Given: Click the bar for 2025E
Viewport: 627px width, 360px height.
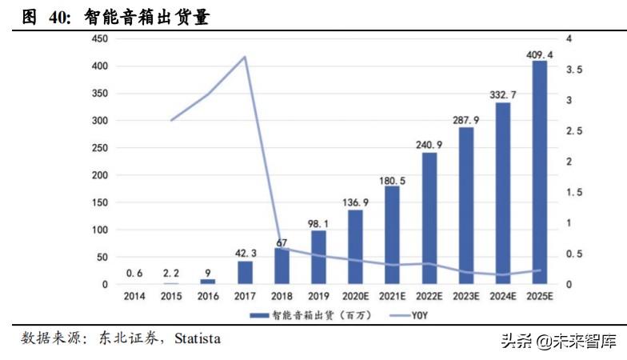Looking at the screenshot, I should tap(540, 172).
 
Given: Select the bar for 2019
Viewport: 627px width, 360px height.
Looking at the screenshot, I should tap(318, 257).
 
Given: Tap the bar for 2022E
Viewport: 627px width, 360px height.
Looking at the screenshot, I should tap(429, 218).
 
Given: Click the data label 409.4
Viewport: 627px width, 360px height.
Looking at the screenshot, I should tap(540, 54).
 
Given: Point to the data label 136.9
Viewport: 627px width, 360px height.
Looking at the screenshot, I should tap(355, 203).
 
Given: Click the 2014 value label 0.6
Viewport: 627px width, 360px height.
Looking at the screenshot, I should tap(134, 273).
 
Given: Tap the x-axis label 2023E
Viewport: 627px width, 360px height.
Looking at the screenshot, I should tap(466, 296).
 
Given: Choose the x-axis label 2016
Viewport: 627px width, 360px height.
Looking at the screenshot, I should tap(208, 296).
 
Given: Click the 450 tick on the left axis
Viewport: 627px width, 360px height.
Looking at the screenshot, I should tap(100, 39).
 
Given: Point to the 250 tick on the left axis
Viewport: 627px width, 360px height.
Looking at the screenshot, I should tap(100, 148).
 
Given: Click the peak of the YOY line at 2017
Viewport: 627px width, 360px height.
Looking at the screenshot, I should tap(245, 57).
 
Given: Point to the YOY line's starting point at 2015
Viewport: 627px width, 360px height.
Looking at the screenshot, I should tap(171, 120).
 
